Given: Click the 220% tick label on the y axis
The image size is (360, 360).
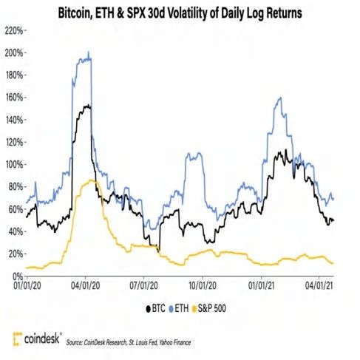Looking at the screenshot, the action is [14, 31].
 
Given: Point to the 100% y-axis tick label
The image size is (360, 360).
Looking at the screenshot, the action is [14, 164].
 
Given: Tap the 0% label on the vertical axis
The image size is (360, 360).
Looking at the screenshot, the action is [18, 276].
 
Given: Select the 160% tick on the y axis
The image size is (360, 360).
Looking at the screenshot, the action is [14, 98].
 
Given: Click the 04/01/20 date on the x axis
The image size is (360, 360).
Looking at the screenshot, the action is [86, 286].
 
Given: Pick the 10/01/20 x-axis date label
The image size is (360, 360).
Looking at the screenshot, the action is [203, 286].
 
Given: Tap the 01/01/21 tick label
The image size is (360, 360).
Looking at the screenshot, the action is [261, 286].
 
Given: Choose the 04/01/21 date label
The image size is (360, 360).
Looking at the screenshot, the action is [319, 286].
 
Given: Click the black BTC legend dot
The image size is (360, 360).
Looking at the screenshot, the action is [148, 309].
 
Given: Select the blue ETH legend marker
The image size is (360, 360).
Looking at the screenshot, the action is [171, 309].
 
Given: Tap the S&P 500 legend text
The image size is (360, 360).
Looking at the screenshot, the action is [211, 308].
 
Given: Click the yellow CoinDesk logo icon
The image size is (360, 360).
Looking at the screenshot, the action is [18, 339].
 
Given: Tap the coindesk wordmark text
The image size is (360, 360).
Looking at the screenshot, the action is [42, 339].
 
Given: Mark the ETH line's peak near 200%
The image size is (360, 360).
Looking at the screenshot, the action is [89, 52].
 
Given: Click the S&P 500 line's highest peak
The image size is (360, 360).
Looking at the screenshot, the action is [91, 180].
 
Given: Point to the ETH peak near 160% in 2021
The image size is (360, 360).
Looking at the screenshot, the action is [280, 98].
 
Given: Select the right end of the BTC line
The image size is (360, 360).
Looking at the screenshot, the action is [333, 220].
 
